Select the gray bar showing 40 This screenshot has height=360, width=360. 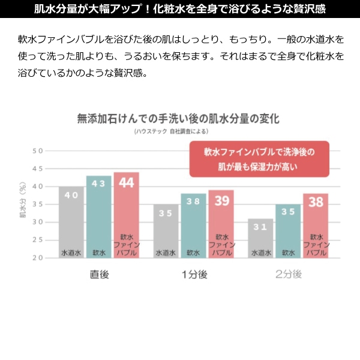pos(71,222)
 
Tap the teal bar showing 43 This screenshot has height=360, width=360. pos(98,217)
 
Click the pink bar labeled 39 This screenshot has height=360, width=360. pos(221,224)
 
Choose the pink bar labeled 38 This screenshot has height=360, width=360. pos(315,226)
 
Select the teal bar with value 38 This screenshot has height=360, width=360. pos(193,226)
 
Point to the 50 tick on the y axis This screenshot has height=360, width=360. pos(38,151)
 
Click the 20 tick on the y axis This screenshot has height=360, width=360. pos(38,258)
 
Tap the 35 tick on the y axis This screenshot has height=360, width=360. pos(38,205)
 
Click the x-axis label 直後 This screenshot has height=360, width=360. pos(99,275)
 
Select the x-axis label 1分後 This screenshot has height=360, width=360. pos(194,275)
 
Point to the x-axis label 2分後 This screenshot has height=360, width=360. pos(289,275)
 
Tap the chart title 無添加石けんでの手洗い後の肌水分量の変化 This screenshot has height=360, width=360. pos(178,118)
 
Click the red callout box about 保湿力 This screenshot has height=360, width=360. pos(259,158)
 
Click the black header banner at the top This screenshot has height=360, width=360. pos(180,9)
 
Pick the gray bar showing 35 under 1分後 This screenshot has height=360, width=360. pos(166,231)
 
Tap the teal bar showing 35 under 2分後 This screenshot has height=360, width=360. pos(288,231)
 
